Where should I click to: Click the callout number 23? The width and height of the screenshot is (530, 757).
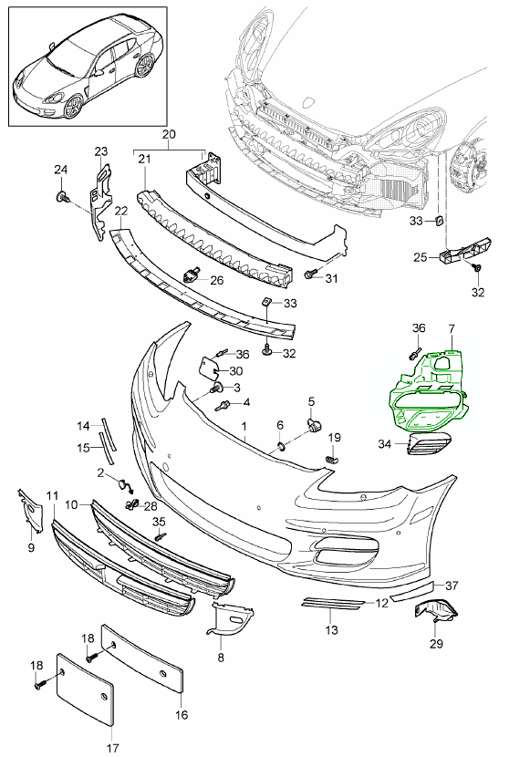100,151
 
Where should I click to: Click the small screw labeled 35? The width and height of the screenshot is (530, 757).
160,537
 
